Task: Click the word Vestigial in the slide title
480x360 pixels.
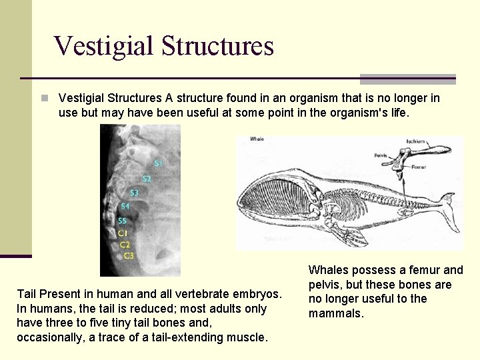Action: click(x=104, y=45)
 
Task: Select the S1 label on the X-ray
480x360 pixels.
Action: click(x=158, y=163)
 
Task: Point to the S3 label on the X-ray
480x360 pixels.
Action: click(x=134, y=193)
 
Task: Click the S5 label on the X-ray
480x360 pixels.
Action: click(x=122, y=221)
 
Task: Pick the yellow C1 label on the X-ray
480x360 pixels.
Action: click(x=123, y=233)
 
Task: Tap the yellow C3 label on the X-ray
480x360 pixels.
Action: click(x=128, y=255)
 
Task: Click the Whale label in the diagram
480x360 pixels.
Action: click(x=257, y=139)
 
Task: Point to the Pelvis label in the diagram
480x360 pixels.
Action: click(x=381, y=155)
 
